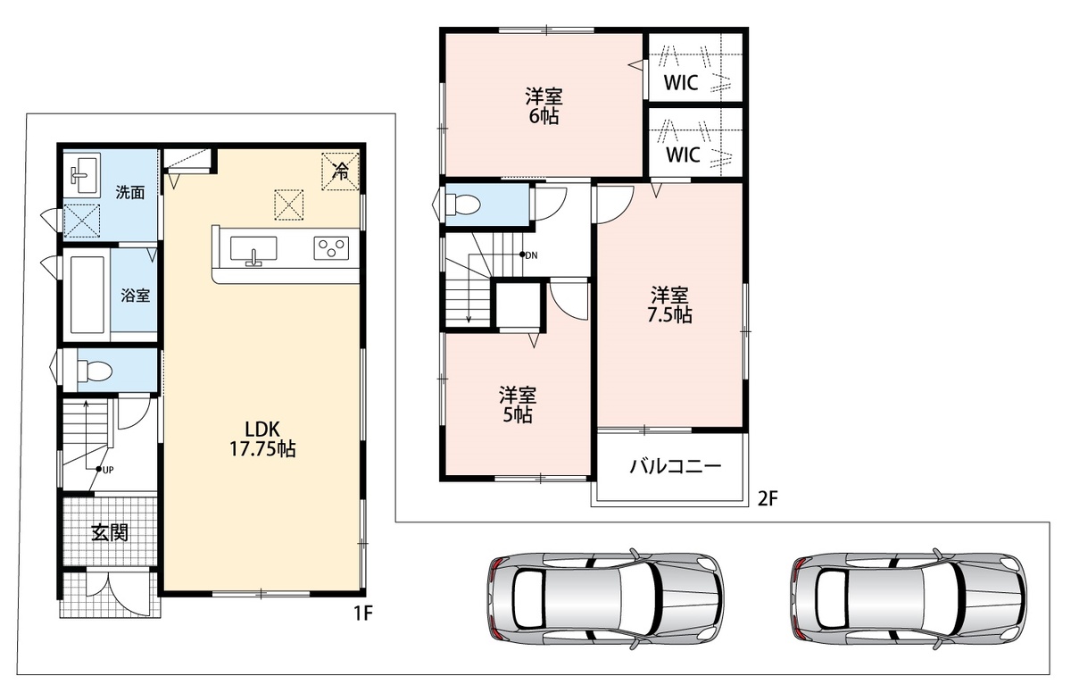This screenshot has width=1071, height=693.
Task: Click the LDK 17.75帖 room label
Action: pyautogui.click(x=262, y=439)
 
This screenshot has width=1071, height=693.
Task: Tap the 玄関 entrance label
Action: pyautogui.click(x=110, y=532)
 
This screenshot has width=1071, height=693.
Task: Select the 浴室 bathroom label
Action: pyautogui.click(x=136, y=295)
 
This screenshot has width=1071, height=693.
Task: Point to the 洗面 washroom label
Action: pyautogui.click(x=130, y=192)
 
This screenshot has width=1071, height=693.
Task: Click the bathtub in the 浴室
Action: pyautogui.click(x=87, y=295)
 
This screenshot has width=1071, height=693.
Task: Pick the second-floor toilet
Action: pyautogui.click(x=462, y=205)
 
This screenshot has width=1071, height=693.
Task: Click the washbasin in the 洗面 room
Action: pyautogui.click(x=86, y=174)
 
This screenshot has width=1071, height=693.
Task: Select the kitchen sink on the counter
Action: pyautogui.click(x=253, y=248)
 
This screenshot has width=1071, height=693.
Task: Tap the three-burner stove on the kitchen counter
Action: pyautogui.click(x=331, y=248)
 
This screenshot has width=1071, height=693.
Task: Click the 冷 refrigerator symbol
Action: pyautogui.click(x=340, y=171)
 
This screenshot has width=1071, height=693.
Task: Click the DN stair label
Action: pyautogui.click(x=531, y=255)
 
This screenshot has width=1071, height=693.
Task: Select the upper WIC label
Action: pyautogui.click(x=681, y=83)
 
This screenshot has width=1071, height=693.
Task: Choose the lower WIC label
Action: pyautogui.click(x=683, y=154)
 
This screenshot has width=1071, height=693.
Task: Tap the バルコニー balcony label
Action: pyautogui.click(x=675, y=466)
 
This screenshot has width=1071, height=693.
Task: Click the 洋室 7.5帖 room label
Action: pyautogui.click(x=669, y=305)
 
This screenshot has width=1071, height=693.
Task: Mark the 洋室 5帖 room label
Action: pyautogui.click(x=518, y=405)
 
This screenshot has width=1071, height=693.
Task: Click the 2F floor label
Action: pyautogui.click(x=768, y=499)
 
